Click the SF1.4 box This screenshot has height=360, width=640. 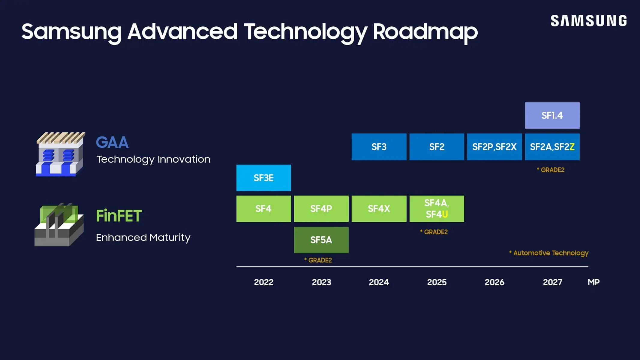point(552,115)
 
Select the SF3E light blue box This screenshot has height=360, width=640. point(263,178)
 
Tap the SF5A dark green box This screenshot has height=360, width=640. point(321,240)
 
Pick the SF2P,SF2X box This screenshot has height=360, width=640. point(494,147)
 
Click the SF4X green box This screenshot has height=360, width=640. point(379,209)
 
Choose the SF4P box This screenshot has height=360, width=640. point(321,209)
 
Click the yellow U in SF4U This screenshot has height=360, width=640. point(445,214)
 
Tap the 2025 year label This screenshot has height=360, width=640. point(437,282)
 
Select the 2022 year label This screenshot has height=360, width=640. point(263,282)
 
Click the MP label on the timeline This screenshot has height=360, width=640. point(593,282)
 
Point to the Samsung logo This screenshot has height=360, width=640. point(588,21)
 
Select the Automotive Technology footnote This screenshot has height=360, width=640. point(549,253)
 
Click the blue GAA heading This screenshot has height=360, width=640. point(112,142)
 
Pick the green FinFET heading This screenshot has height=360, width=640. point(119,216)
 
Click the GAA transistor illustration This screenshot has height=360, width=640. point(60,154)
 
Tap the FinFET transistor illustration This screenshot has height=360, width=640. point(59,225)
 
